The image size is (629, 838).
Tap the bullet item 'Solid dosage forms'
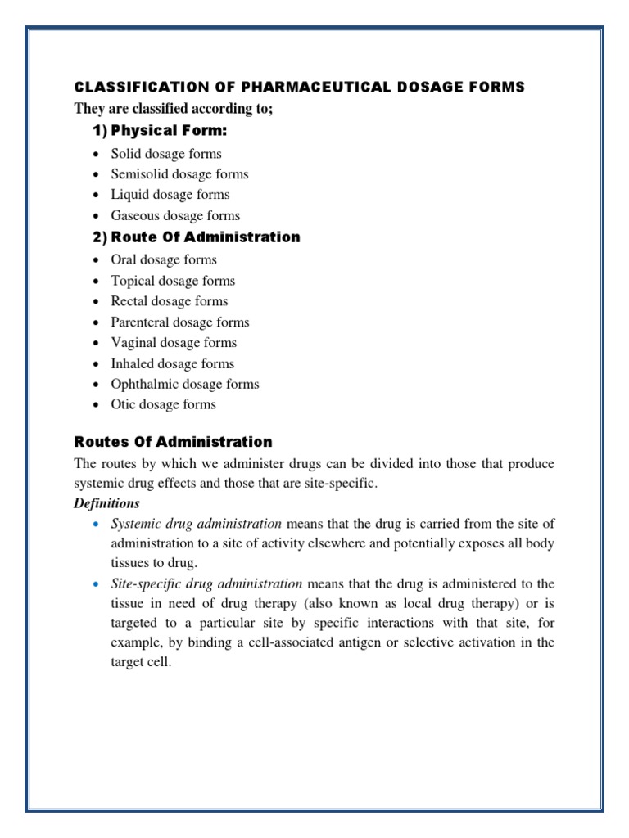(x=166, y=154)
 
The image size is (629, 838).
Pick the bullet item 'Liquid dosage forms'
(x=170, y=195)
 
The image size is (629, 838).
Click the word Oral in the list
(x=124, y=260)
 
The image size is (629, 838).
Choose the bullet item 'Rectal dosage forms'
(x=170, y=301)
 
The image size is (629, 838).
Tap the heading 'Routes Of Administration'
(x=173, y=443)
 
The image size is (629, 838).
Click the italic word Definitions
(x=106, y=503)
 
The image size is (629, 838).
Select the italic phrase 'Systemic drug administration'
(x=197, y=524)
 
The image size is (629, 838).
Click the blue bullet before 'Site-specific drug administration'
(x=96, y=583)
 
